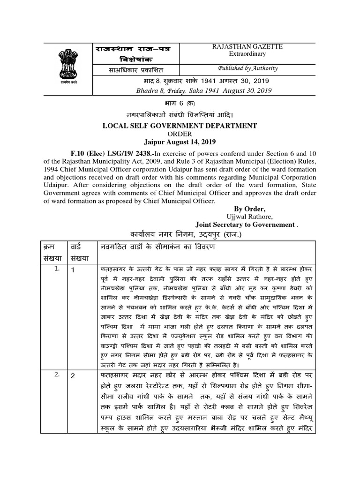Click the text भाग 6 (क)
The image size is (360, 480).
pos(180,103)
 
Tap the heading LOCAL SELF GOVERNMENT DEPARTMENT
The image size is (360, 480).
pos(180,126)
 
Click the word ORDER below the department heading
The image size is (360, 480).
pos(180,134)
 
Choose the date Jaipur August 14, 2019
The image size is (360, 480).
pos(180,142)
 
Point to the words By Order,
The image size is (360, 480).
pos(249,209)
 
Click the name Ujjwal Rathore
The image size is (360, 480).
pos(249,217)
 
